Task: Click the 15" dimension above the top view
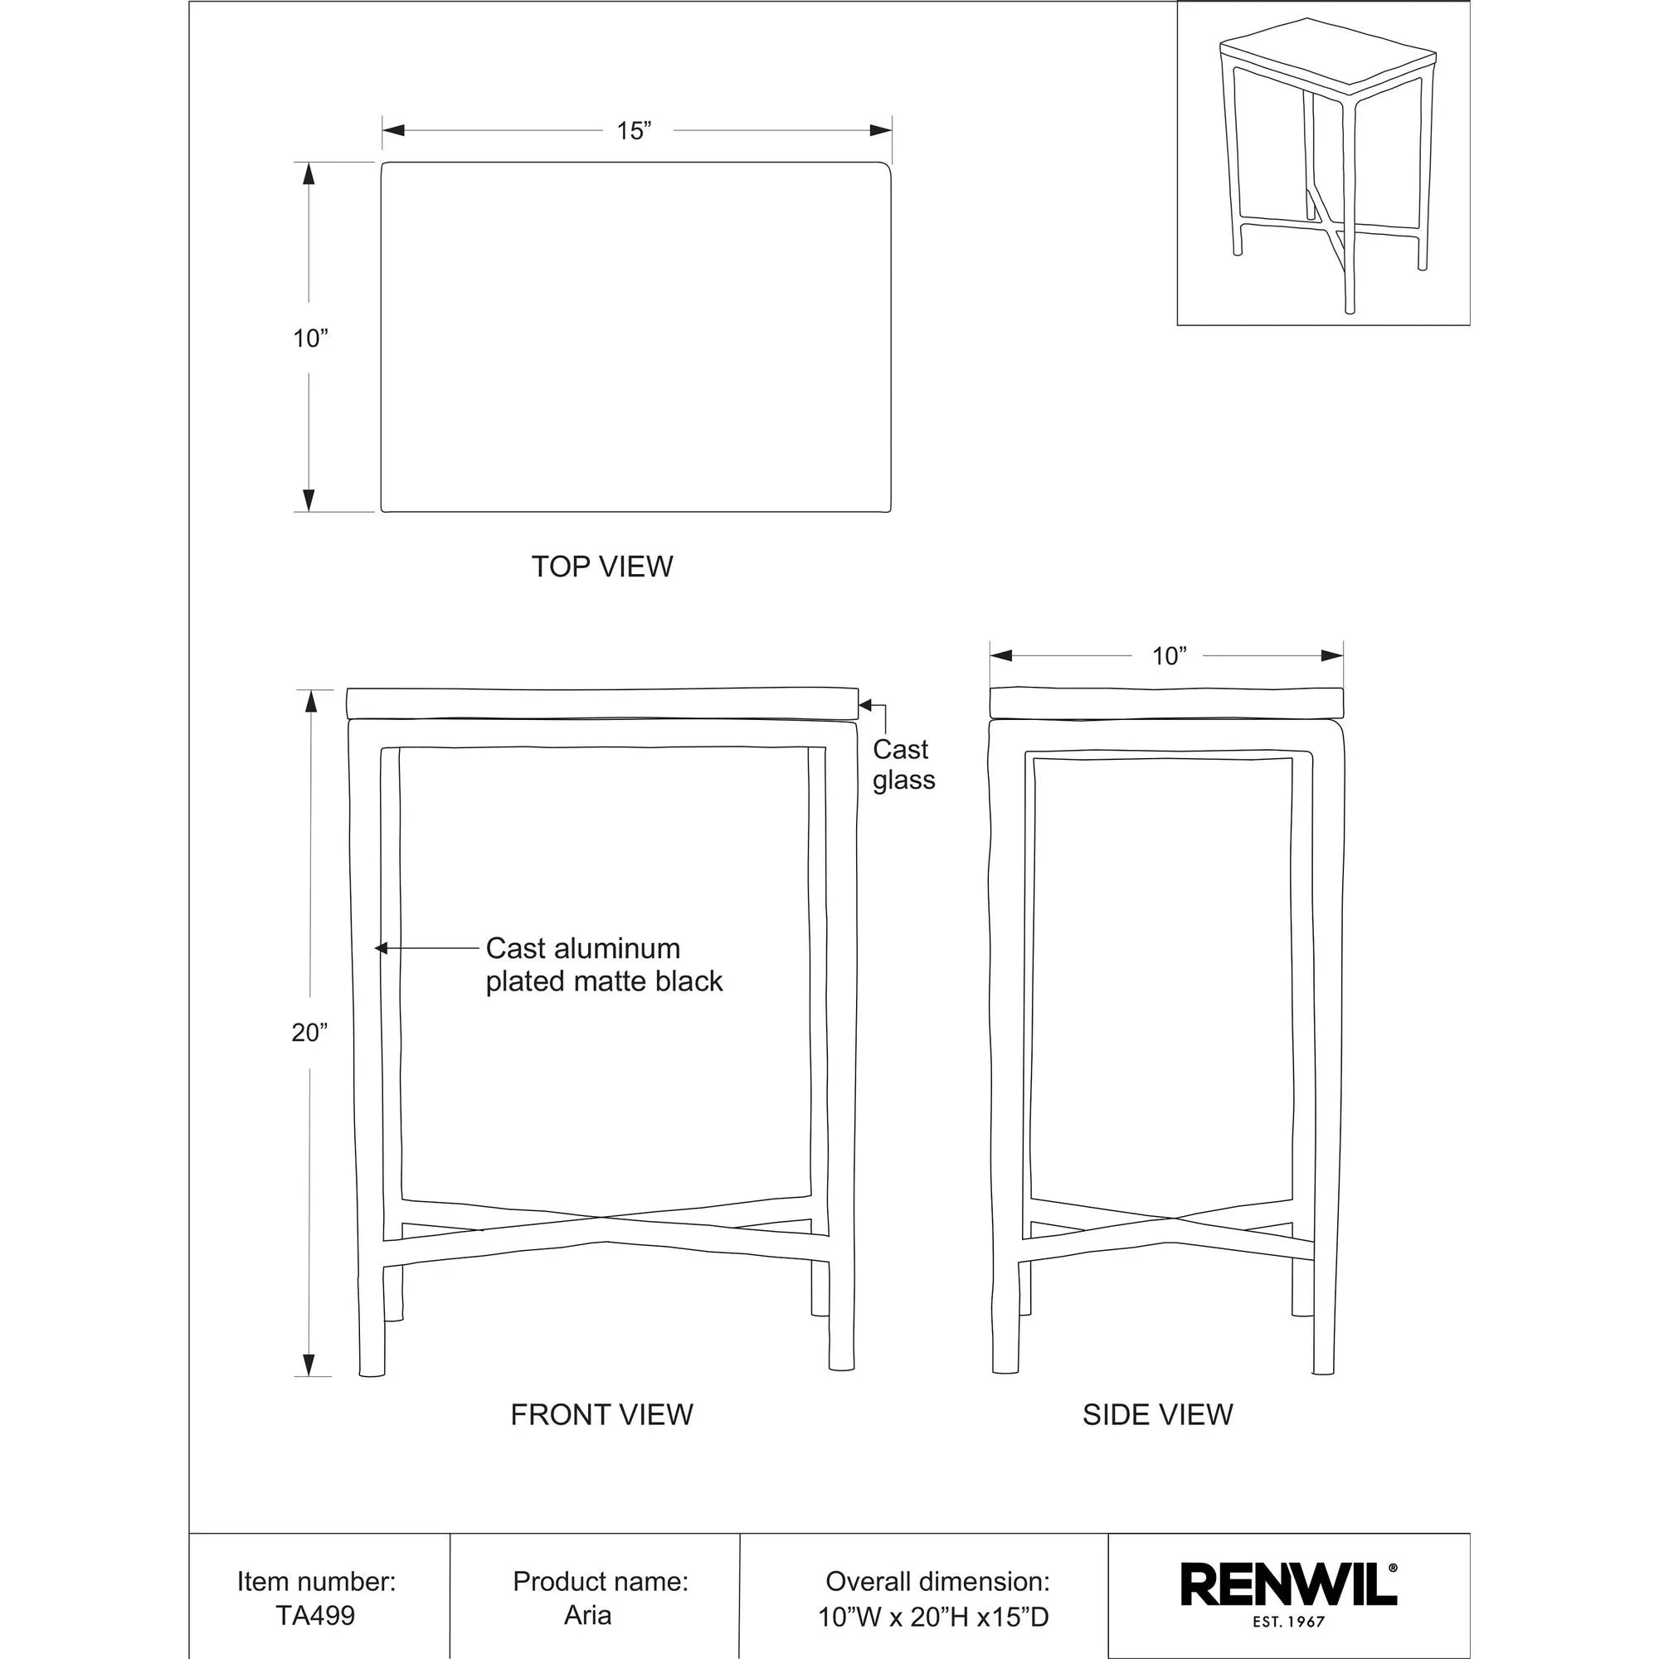(x=634, y=130)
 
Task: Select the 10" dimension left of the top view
(x=310, y=338)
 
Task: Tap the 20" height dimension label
(x=310, y=1033)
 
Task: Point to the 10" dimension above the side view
(x=1168, y=657)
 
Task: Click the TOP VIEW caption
(x=602, y=567)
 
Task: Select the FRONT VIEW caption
(x=601, y=1414)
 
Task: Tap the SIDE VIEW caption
(x=1156, y=1414)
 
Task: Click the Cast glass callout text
(x=903, y=765)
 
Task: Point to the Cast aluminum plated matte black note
(x=604, y=965)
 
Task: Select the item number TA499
(x=315, y=1591)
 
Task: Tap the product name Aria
(x=587, y=1591)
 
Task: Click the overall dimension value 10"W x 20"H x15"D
(x=932, y=1593)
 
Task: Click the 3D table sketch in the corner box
(x=1322, y=163)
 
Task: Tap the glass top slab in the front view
(x=601, y=703)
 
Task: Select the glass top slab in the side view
(x=1166, y=702)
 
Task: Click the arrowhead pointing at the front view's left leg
(x=382, y=949)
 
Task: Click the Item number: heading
(x=316, y=1557)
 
